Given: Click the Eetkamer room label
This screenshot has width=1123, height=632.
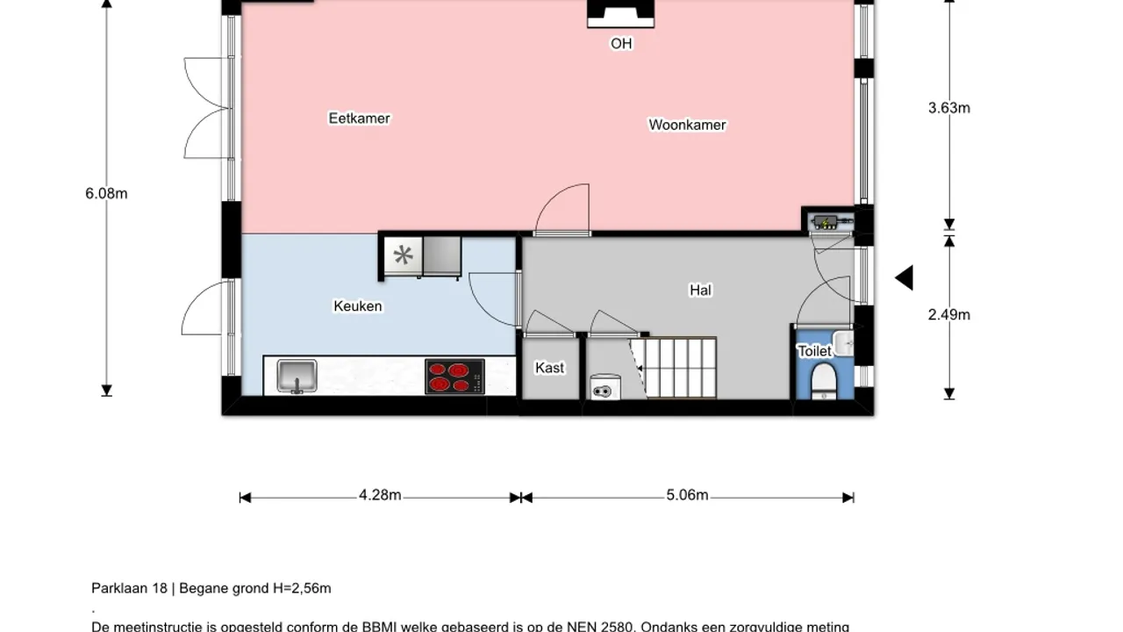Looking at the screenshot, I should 359,118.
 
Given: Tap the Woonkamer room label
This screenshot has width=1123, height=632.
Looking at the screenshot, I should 687,125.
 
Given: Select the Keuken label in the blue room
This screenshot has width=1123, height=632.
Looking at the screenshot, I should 357,306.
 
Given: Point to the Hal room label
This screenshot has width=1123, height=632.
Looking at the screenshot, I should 700,290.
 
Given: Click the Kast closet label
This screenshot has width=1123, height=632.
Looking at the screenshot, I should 550,368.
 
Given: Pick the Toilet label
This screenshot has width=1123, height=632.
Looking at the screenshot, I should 814,351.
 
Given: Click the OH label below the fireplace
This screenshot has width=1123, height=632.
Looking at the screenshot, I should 621,43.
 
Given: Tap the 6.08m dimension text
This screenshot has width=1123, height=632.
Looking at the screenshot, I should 106,193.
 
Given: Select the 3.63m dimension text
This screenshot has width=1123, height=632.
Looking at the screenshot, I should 948,108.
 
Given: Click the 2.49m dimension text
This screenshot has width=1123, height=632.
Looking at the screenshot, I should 948,314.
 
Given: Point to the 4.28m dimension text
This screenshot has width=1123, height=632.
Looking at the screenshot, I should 380,495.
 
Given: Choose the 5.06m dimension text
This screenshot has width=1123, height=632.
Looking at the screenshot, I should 687,495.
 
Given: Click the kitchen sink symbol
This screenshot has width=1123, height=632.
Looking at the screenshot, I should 297,376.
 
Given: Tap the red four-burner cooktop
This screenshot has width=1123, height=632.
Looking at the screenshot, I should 454,377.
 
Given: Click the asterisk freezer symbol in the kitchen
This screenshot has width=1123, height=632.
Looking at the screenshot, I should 403,255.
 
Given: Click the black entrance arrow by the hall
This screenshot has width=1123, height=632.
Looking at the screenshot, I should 905,278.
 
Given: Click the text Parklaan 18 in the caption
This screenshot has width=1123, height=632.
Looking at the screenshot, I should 132,588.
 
